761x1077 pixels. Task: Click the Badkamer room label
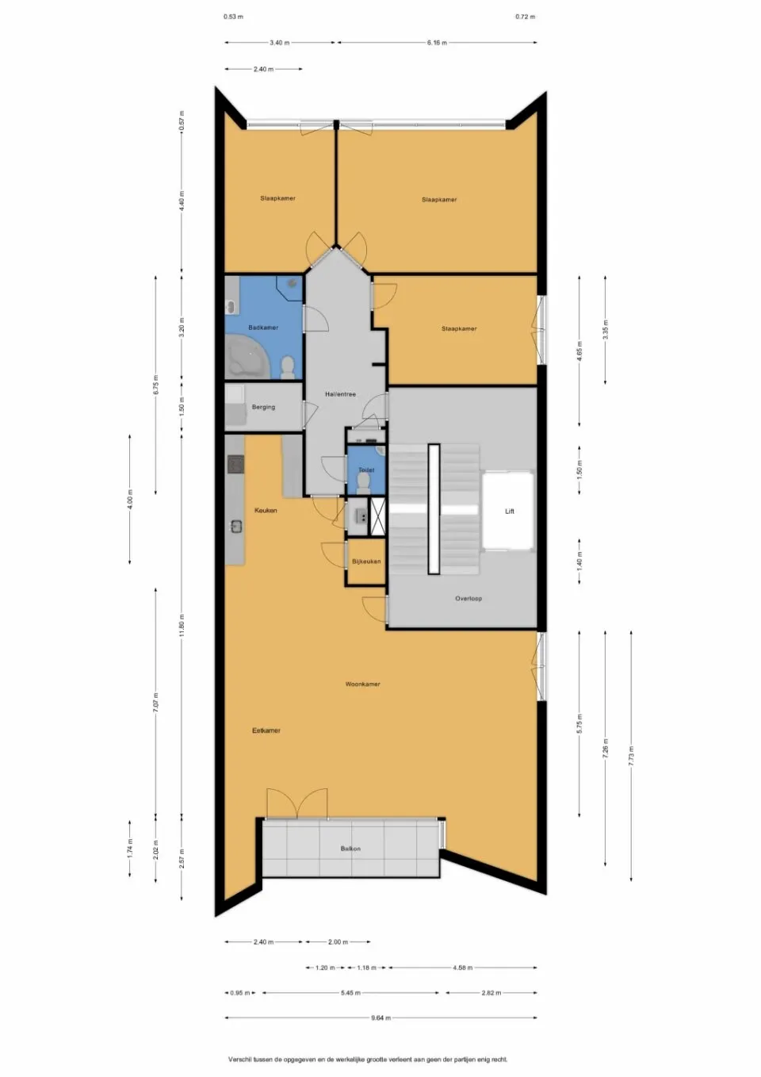click(x=263, y=328)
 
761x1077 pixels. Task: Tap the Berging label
click(x=263, y=407)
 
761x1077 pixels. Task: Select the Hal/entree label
click(x=340, y=394)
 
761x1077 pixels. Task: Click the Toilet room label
click(x=365, y=470)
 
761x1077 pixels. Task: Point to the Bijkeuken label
click(x=366, y=561)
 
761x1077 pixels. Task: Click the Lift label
click(x=510, y=512)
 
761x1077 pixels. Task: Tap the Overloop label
click(x=468, y=599)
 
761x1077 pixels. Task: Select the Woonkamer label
click(x=362, y=684)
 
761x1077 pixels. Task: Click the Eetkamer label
click(x=266, y=730)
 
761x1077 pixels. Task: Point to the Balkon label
click(x=350, y=849)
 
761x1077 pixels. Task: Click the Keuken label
click(x=266, y=511)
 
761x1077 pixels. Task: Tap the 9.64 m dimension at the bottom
click(x=380, y=1018)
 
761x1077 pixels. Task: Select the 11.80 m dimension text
click(x=182, y=625)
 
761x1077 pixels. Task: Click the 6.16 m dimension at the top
click(x=437, y=43)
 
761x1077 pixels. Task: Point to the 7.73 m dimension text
click(x=631, y=755)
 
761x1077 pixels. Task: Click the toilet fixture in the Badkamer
click(x=288, y=366)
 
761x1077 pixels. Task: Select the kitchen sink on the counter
click(x=235, y=526)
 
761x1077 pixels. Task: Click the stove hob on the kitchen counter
click(x=235, y=463)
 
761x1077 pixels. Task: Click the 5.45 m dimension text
click(x=350, y=993)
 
